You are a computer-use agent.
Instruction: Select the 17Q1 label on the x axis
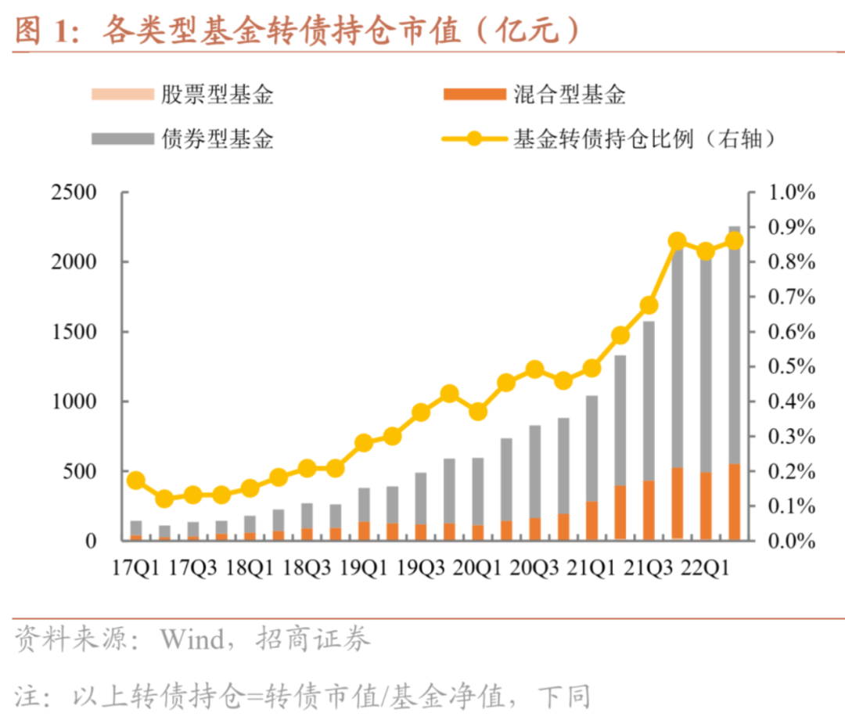(x=135, y=567)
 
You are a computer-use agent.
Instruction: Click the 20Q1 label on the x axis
(x=477, y=567)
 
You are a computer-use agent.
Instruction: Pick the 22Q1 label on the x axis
(x=706, y=567)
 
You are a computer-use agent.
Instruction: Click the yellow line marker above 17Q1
(x=136, y=481)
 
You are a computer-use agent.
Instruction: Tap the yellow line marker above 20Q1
(x=478, y=412)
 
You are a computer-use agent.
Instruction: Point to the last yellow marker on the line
(x=735, y=241)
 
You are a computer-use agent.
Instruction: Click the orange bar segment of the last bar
(x=735, y=502)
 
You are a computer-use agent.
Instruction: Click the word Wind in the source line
(x=192, y=640)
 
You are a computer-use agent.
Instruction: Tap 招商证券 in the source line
(x=313, y=640)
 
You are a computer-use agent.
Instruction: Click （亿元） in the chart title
(x=530, y=31)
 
